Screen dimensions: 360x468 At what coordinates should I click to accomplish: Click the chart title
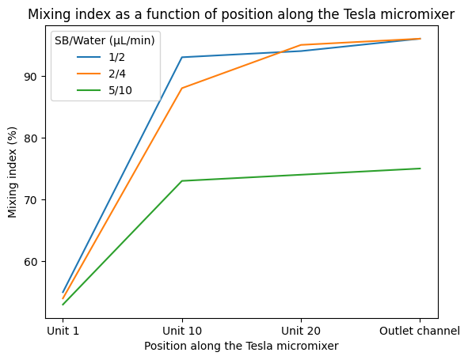241,13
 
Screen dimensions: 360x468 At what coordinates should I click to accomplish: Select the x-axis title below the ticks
241,347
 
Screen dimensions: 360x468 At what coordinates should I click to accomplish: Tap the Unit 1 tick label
63,331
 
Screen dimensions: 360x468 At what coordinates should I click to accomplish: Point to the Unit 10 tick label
182,331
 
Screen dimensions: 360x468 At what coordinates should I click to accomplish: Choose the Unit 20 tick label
301,331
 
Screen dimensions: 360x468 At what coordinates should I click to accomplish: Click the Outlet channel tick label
420,331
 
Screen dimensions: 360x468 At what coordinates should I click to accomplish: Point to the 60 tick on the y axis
36,262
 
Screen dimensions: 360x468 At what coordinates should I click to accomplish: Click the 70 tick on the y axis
36,200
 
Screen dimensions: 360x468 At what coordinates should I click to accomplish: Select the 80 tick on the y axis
36,138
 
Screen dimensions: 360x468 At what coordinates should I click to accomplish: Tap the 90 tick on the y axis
36,77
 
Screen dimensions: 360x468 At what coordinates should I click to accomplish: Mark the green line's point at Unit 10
182,181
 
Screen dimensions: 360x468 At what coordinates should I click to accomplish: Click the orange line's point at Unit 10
182,89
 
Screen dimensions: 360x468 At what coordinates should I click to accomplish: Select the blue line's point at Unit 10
182,57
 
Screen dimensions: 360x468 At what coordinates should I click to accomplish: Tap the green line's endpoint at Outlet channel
420,169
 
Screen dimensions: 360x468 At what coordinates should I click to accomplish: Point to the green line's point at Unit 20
301,175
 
